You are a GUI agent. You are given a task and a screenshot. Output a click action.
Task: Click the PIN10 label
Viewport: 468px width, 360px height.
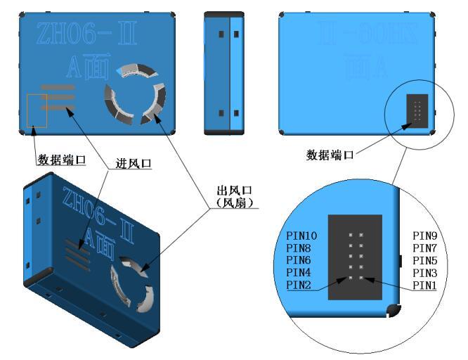click(x=302, y=236)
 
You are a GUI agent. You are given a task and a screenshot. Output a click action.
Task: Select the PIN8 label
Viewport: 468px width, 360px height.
click(x=300, y=248)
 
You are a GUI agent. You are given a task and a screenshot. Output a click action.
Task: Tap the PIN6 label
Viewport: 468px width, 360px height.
click(x=300, y=260)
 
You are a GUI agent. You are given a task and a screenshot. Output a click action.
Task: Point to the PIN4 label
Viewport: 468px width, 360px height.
click(x=300, y=273)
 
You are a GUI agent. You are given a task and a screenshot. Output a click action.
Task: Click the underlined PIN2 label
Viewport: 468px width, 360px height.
click(x=300, y=285)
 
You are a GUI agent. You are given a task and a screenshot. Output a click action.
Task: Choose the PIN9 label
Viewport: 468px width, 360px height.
click(x=427, y=236)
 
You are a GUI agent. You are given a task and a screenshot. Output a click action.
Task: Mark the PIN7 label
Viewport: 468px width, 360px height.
click(x=427, y=248)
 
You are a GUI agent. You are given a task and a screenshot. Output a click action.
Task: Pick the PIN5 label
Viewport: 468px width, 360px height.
click(x=427, y=260)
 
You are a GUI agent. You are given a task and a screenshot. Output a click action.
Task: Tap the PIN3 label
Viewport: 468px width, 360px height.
click(x=427, y=273)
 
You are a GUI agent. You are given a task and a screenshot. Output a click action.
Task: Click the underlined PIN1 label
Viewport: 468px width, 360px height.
click(x=427, y=285)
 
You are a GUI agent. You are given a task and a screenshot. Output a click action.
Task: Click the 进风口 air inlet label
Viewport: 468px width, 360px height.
click(x=134, y=163)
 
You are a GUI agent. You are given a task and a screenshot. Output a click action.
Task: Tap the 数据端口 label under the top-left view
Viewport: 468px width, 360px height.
click(x=62, y=160)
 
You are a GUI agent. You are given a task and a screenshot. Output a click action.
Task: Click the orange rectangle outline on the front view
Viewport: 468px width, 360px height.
click(x=37, y=110)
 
